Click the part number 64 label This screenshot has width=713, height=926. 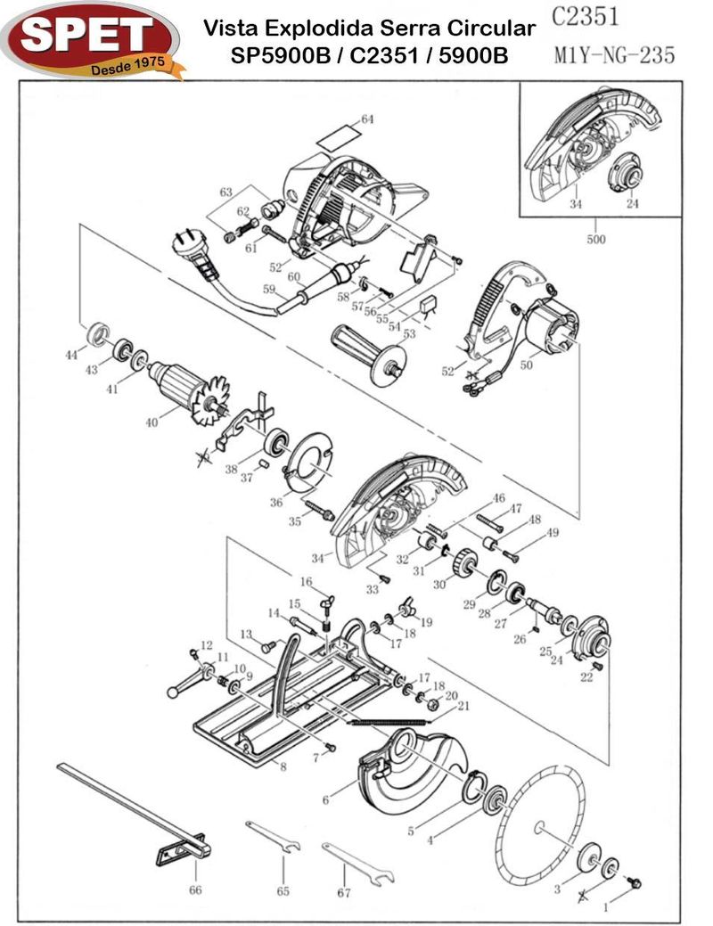[x=367, y=119]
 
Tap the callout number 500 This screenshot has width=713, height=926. [x=595, y=239]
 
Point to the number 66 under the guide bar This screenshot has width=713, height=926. [x=195, y=889]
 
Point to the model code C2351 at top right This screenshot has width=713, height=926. [x=585, y=18]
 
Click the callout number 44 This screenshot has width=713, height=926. [x=70, y=355]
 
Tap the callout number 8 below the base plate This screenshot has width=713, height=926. [x=283, y=766]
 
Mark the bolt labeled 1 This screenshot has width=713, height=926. [x=634, y=882]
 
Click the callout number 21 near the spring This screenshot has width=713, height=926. [x=463, y=706]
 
